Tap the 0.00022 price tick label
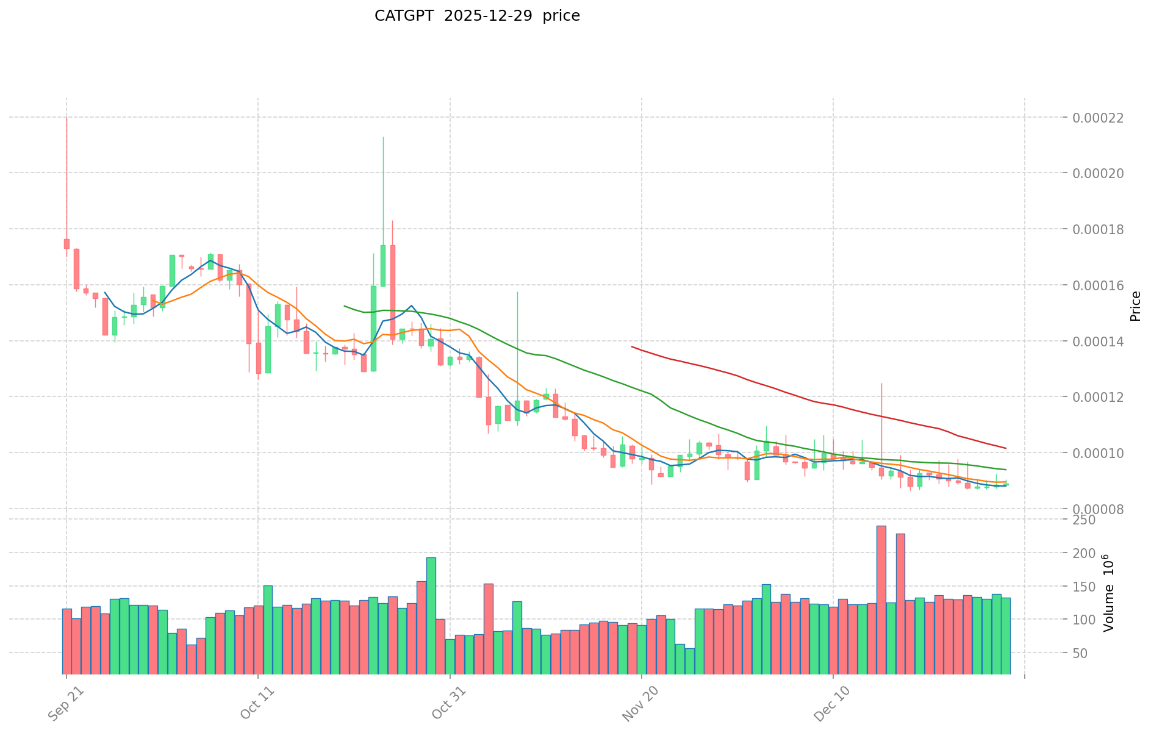click(x=1103, y=117)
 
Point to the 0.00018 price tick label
click(x=1103, y=229)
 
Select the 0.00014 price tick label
click(x=1103, y=341)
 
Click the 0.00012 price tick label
click(x=1103, y=397)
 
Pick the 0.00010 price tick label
click(x=1103, y=453)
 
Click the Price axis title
click(x=1135, y=306)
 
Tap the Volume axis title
click(x=1109, y=593)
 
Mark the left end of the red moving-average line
click(x=632, y=347)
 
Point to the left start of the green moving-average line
click(x=345, y=306)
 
